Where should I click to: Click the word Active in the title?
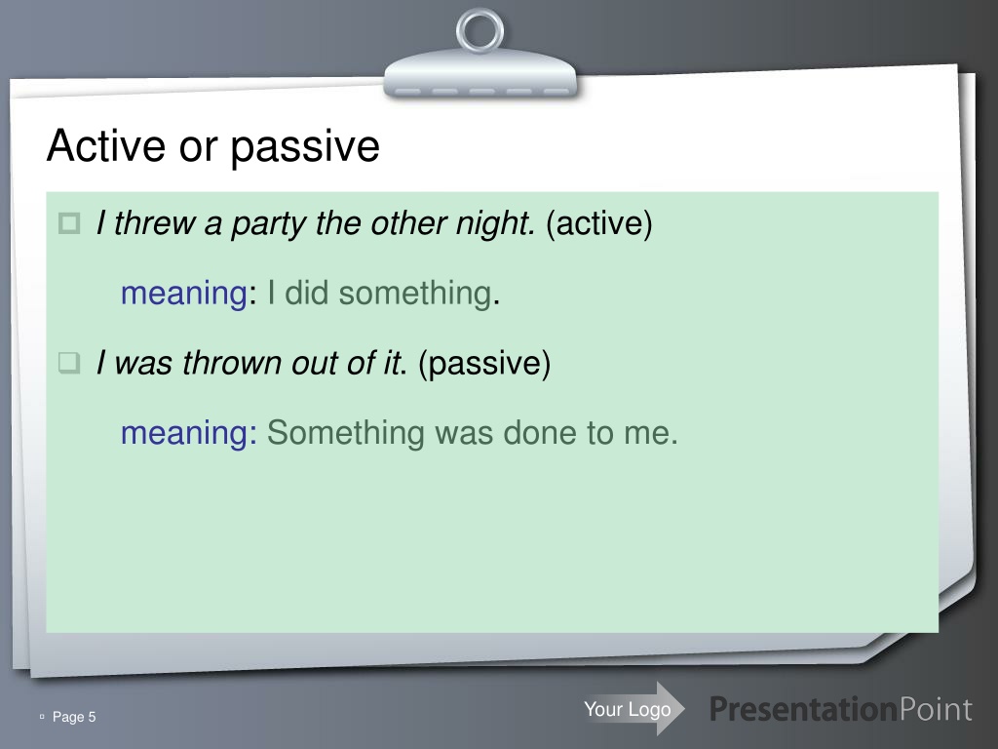pyautogui.click(x=107, y=145)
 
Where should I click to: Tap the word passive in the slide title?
pyautogui.click(x=305, y=148)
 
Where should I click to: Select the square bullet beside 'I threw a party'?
pyautogui.click(x=69, y=223)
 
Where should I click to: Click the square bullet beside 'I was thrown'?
pyautogui.click(x=69, y=363)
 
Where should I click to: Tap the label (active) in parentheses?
pyautogui.click(x=599, y=223)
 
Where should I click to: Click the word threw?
pyautogui.click(x=155, y=223)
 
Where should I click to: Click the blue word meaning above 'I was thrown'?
pyautogui.click(x=184, y=294)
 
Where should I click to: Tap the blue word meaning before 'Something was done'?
pyautogui.click(x=184, y=433)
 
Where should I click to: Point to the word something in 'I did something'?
pyautogui.click(x=414, y=294)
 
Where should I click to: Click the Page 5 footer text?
pyautogui.click(x=74, y=717)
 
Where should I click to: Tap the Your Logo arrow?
pyautogui.click(x=633, y=709)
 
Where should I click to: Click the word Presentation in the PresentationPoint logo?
pyautogui.click(x=803, y=710)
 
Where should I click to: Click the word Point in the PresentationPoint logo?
pyautogui.click(x=936, y=710)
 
